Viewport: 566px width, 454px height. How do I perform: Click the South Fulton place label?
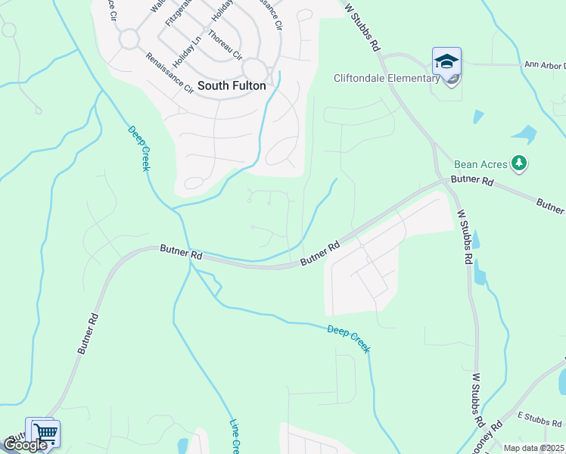click(232, 86)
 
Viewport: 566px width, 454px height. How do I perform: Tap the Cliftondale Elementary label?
click(387, 78)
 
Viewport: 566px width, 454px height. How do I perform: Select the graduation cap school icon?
click(446, 61)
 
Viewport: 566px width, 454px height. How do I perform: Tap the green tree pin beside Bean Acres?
click(519, 163)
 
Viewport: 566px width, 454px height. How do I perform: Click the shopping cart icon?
click(45, 434)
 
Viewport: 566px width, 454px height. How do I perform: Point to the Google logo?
click(25, 445)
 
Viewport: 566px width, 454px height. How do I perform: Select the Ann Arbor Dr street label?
click(544, 65)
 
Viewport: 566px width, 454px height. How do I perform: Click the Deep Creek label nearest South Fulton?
click(138, 148)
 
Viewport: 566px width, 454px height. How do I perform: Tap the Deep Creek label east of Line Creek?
click(349, 339)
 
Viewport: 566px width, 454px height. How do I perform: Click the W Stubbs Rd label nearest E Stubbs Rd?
click(477, 398)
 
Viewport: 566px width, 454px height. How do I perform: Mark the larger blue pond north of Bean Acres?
click(524, 135)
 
